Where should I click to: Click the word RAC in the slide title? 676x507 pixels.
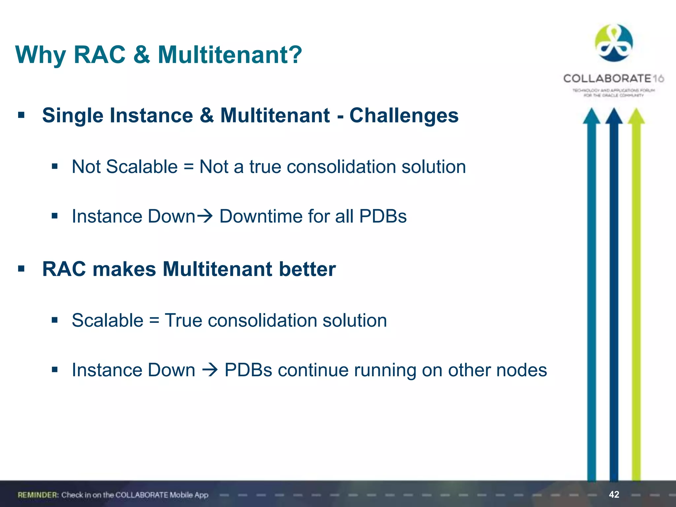[x=99, y=55]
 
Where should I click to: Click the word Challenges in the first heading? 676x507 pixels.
[x=404, y=116]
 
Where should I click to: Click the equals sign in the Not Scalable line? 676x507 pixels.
[x=188, y=167]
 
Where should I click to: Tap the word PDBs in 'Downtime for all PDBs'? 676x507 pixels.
[x=383, y=217]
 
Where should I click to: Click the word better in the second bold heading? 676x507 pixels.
[x=307, y=269]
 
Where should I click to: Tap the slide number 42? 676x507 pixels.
[x=614, y=494]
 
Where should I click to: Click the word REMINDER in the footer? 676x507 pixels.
[x=38, y=495]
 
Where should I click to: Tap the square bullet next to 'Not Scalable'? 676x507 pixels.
[x=54, y=166]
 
